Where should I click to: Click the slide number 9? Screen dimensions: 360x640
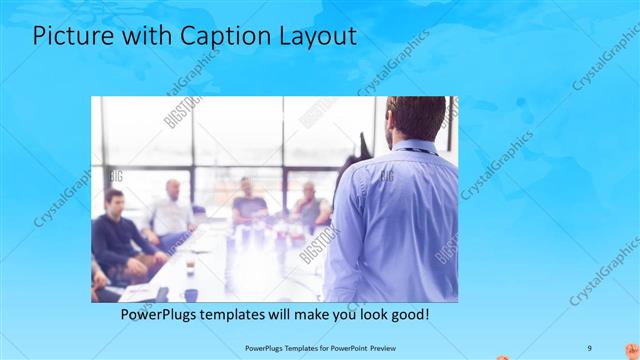pos(589,347)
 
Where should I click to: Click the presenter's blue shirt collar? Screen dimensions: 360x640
pos(410,148)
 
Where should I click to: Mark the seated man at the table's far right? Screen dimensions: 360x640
pos(310,205)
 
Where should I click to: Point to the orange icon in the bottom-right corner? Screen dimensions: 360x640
pos(631,350)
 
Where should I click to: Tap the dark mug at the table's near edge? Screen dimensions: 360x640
pos(190,294)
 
